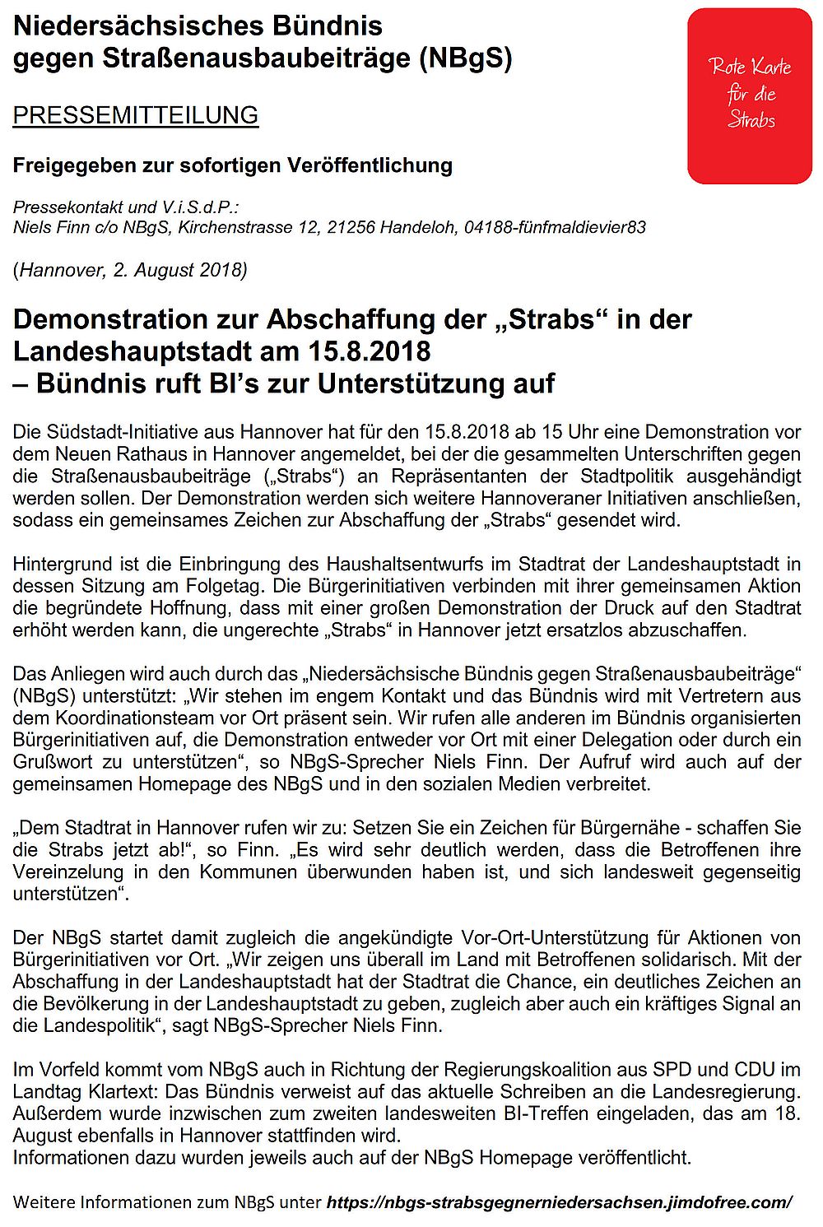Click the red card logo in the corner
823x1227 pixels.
tap(749, 95)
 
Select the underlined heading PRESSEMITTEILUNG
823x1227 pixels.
tap(136, 115)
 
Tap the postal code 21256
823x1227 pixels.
tap(349, 227)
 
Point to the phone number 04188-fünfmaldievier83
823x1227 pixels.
tap(555, 227)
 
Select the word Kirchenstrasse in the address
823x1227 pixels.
tap(232, 227)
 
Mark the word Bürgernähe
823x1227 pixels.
tap(679, 827)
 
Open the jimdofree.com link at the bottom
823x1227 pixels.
tap(559, 1202)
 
